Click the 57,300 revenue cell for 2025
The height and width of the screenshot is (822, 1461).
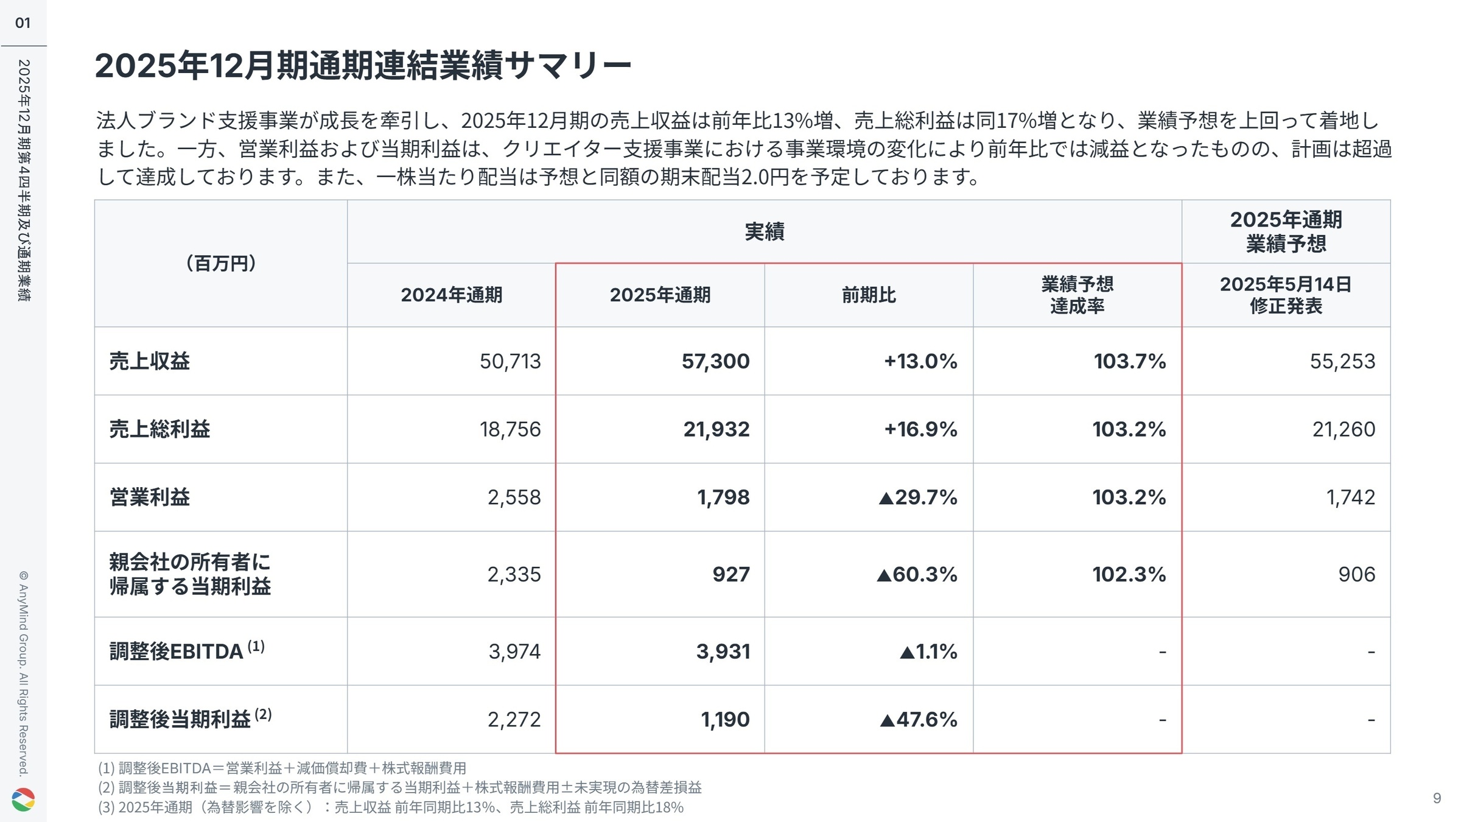pos(715,361)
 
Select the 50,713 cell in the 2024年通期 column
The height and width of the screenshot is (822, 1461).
pos(510,361)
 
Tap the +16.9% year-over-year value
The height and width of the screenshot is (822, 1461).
pos(920,429)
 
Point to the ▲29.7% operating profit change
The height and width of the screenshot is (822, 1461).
pos(917,497)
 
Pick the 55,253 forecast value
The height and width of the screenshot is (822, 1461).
pos(1342,361)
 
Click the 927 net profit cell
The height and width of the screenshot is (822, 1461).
pos(730,574)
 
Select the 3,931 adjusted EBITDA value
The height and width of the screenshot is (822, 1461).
pos(723,652)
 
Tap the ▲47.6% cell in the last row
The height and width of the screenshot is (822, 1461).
pos(918,720)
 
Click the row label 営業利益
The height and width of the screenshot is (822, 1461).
pos(150,497)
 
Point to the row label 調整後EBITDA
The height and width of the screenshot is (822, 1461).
pos(177,652)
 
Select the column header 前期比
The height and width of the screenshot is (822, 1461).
pos(869,295)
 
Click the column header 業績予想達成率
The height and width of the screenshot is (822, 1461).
pos(1077,295)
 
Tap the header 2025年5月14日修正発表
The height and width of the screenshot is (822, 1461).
pos(1286,295)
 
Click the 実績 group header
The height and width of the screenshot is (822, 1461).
pos(765,232)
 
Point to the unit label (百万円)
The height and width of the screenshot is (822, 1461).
pos(220,264)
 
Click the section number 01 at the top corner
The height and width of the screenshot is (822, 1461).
pos(23,23)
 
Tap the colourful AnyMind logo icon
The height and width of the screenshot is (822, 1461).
pos(23,799)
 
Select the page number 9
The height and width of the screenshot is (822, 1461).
pos(1437,798)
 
